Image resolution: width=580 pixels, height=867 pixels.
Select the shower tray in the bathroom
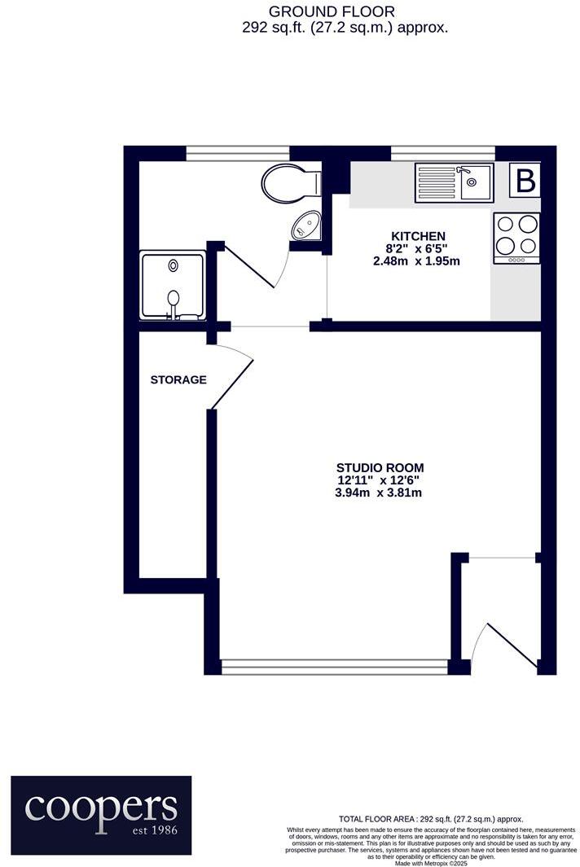coord(172,285)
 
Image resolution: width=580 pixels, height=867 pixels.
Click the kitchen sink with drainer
coord(453,182)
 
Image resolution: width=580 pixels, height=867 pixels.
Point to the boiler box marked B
coord(526,180)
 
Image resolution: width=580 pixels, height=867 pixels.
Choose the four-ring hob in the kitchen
coord(516,238)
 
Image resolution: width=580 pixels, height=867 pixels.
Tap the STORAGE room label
coord(178,379)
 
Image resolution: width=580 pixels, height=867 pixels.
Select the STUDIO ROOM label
coord(380,467)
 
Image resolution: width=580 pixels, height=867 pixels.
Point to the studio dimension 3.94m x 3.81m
coord(380,493)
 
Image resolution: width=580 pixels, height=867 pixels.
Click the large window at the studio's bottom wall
coord(334,666)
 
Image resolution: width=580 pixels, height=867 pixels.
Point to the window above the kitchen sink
coord(443,152)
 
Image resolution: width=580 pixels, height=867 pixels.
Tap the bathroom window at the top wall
coord(238,152)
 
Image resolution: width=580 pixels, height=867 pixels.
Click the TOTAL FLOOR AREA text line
coord(430,819)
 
